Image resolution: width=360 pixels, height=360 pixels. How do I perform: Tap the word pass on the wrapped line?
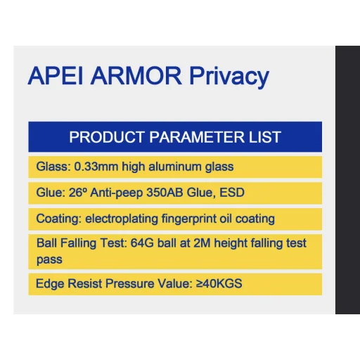[49, 259]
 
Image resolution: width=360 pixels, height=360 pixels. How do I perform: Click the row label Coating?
[58, 219]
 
